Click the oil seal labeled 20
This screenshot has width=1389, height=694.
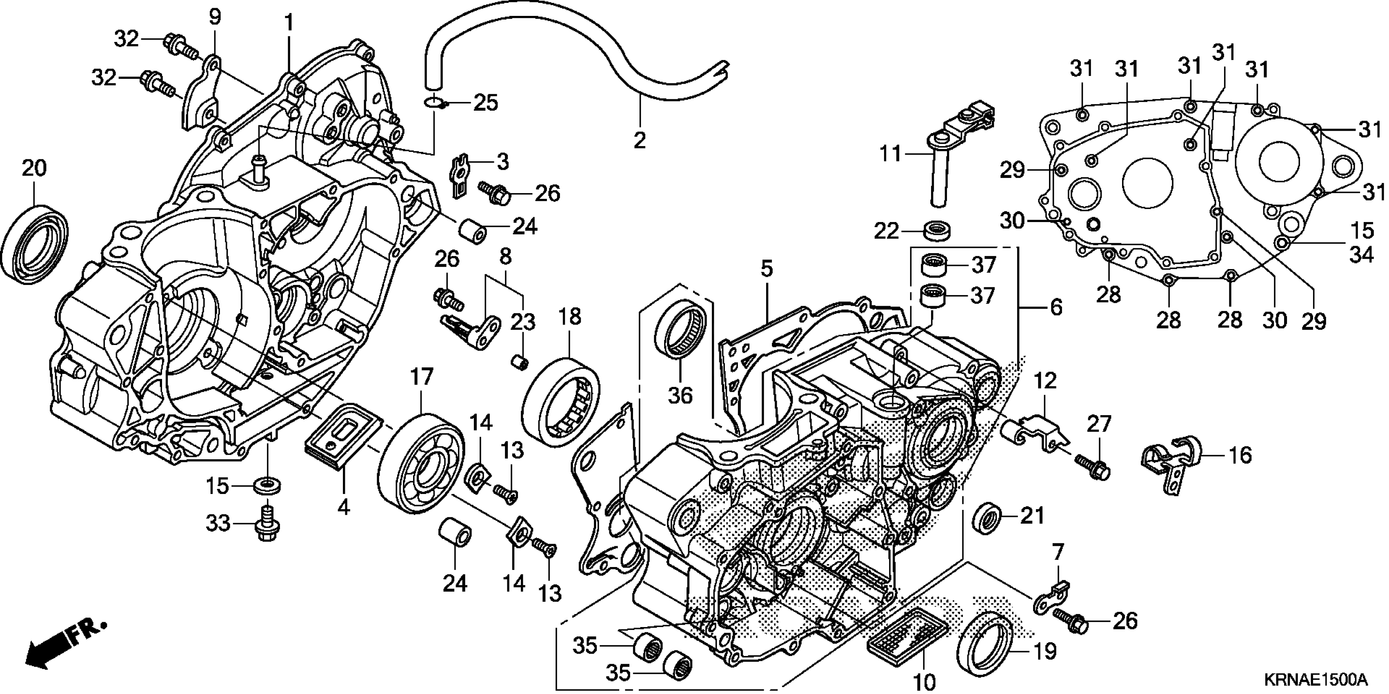click(x=35, y=244)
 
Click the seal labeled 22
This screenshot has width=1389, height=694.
click(x=937, y=230)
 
